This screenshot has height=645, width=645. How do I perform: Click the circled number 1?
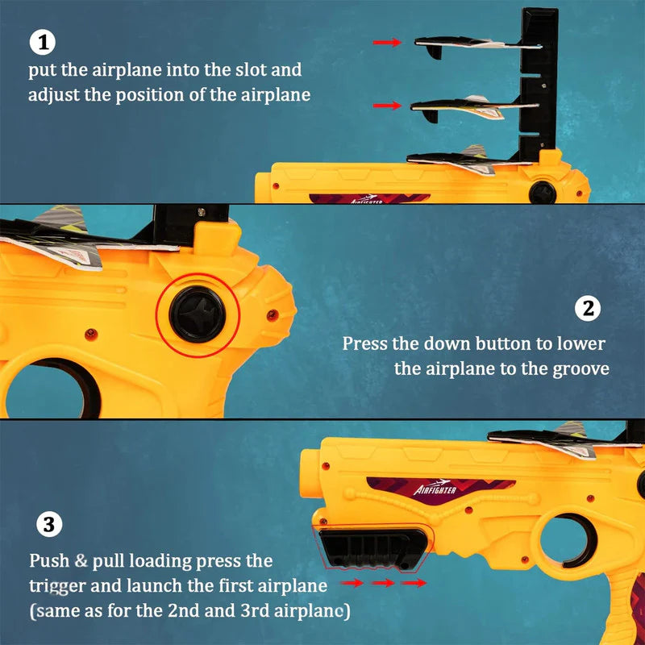coord(41,42)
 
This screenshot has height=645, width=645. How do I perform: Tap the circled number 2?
coord(588,309)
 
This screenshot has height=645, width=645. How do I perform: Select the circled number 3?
coord(48,526)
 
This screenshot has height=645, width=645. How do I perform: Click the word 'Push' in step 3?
coord(48,560)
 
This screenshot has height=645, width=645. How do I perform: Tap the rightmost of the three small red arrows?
coord(414,582)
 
